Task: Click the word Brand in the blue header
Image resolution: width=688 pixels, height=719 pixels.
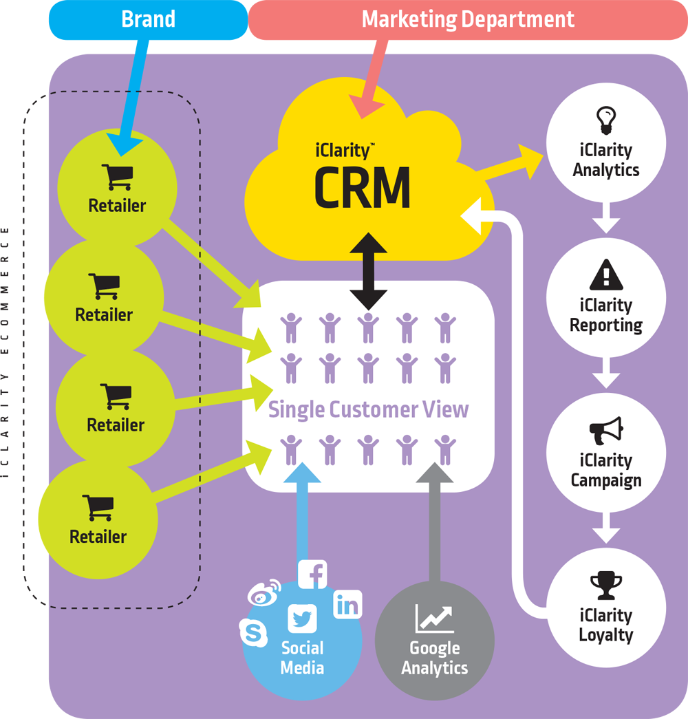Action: tap(148, 19)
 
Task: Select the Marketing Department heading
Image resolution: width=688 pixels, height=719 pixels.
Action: tap(468, 19)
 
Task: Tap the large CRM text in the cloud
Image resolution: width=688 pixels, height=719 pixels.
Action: tap(363, 187)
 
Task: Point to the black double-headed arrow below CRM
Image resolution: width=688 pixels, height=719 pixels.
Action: tap(368, 270)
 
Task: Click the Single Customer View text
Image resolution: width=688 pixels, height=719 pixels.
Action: tap(368, 409)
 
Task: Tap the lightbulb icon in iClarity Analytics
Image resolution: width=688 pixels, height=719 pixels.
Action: tap(606, 120)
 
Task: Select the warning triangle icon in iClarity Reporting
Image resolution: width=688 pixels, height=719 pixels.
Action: tap(606, 276)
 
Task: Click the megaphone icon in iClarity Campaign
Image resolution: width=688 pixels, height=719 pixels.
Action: tap(606, 431)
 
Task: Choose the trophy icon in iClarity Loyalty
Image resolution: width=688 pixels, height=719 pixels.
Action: tap(606, 587)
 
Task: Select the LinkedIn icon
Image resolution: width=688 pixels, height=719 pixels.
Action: tap(347, 605)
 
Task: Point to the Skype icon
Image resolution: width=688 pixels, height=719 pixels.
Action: tap(253, 632)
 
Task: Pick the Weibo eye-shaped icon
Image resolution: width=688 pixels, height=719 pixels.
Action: tap(264, 592)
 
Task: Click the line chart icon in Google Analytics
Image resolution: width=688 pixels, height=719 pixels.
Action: tap(434, 619)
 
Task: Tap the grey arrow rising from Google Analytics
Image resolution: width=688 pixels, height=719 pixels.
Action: tap(435, 523)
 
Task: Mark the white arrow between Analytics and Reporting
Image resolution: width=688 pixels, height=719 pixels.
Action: tap(606, 219)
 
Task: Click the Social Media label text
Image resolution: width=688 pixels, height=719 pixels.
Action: tap(302, 658)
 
